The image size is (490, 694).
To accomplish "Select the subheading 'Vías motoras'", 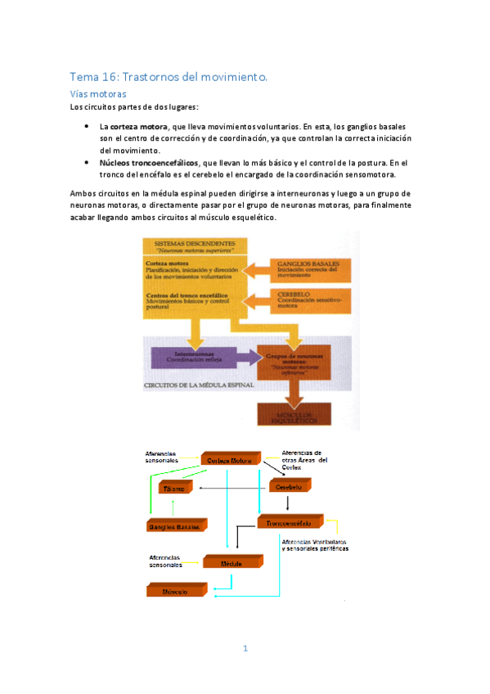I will pos(100,94).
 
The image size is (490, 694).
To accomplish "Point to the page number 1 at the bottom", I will pos(245,649).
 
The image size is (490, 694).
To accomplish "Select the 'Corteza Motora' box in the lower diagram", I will pos(230,462).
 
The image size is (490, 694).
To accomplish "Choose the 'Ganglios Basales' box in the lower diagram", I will pos(174,527).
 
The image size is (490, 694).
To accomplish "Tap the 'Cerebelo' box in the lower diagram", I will pos(290,486).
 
